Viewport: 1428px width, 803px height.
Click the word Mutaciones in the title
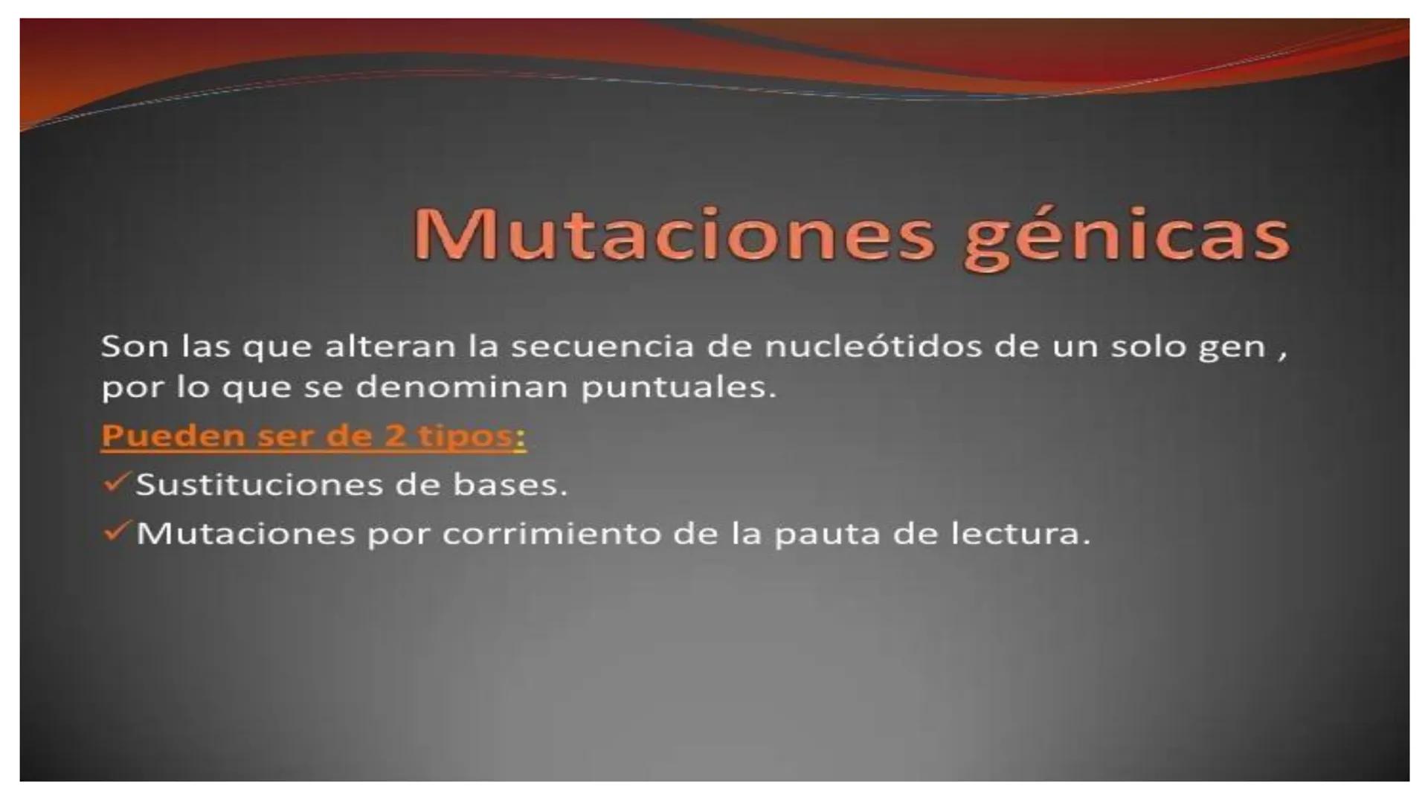coord(673,234)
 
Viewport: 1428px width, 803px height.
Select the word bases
coord(509,485)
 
